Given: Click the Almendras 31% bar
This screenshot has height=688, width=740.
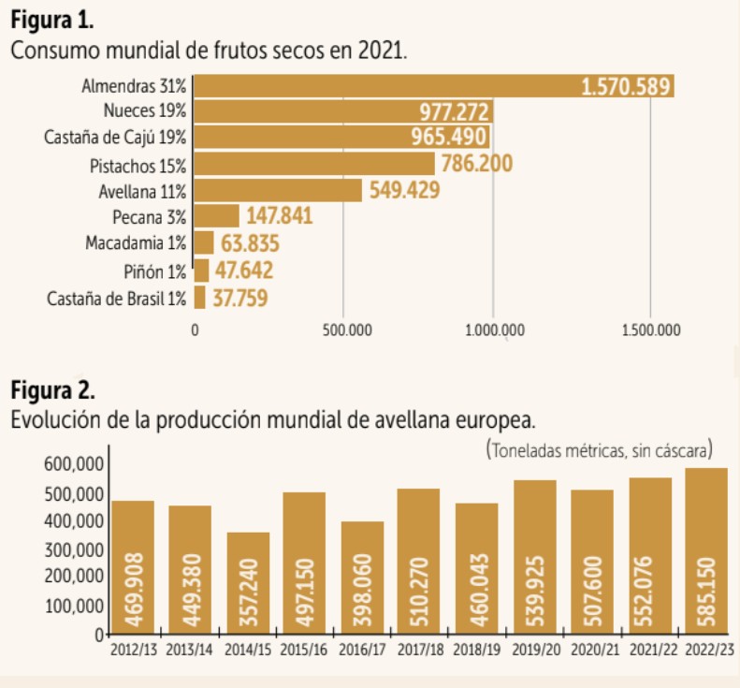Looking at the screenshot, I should (x=384, y=87).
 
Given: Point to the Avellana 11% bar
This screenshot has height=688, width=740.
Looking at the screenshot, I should (x=277, y=191).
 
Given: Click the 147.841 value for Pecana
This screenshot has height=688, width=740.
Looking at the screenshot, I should (x=279, y=217).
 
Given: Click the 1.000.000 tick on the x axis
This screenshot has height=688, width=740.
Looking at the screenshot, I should (x=494, y=329).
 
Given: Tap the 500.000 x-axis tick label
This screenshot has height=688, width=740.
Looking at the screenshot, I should (x=344, y=329).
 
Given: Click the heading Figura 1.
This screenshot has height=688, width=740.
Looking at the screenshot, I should (x=51, y=19).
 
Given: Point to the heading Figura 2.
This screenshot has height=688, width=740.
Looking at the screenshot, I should (x=52, y=388).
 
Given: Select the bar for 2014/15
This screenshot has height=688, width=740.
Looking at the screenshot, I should (x=248, y=582).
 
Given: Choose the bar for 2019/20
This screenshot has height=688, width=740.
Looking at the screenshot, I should (x=535, y=557).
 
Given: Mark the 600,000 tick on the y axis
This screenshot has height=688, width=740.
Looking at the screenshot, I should (x=73, y=464).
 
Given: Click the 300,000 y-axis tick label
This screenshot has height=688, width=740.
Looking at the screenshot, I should (x=73, y=549).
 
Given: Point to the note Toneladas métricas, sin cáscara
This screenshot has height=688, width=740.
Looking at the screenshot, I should (x=600, y=449).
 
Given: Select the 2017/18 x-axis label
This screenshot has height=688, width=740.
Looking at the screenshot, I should (x=418, y=649).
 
